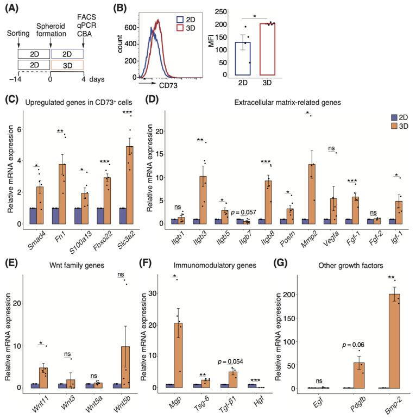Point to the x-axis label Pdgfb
tap(356, 403)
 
